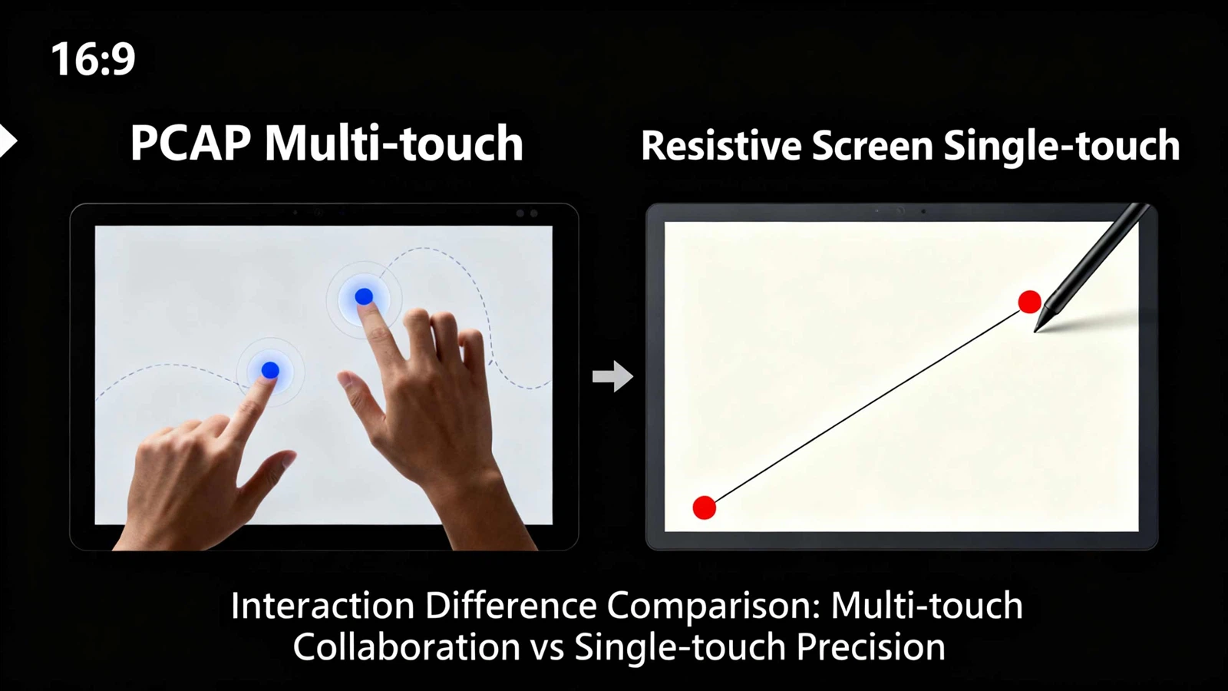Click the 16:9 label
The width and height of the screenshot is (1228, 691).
tap(93, 59)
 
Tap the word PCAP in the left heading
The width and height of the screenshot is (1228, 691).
tap(190, 144)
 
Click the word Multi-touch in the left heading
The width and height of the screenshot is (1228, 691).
tap(394, 144)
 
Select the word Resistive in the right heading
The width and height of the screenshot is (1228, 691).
tap(719, 146)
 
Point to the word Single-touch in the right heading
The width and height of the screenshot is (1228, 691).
tap(1061, 146)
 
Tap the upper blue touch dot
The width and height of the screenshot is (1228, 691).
tap(364, 296)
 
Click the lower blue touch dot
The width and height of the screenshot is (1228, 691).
tap(270, 371)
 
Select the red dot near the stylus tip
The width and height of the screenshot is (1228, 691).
tap(1029, 302)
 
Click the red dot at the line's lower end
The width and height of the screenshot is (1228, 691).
tap(704, 508)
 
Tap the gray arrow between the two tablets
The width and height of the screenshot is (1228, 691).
tap(612, 376)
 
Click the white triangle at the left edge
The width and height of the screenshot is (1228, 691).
tap(8, 141)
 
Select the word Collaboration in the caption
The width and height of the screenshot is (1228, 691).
tap(406, 647)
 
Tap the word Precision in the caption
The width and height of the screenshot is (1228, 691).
tap(870, 647)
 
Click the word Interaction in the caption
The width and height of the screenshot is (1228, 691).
tap(322, 606)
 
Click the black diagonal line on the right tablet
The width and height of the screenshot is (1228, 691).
tap(867, 405)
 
